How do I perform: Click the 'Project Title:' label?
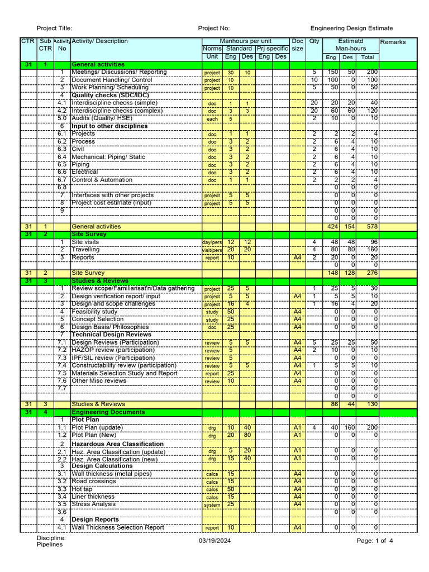pyautogui.click(x=54, y=28)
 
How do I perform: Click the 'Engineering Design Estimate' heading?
pyautogui.click(x=351, y=28)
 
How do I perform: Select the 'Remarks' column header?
pyautogui.click(x=393, y=42)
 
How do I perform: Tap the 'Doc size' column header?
pyautogui.click(x=298, y=45)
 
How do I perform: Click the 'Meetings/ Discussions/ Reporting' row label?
pyautogui.click(x=119, y=72)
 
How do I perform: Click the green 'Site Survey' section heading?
pyautogui.click(x=88, y=235)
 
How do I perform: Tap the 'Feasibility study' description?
pyautogui.click(x=94, y=312)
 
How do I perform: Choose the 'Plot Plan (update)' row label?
pyautogui.click(x=97, y=427)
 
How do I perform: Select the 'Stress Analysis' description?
pyautogui.click(x=94, y=504)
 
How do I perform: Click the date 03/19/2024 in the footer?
pyautogui.click(x=214, y=541)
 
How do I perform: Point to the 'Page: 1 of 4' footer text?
pyautogui.click(x=375, y=541)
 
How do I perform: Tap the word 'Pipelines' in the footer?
pyautogui.click(x=50, y=545)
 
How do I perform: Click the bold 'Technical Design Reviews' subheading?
pyautogui.click(x=111, y=335)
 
